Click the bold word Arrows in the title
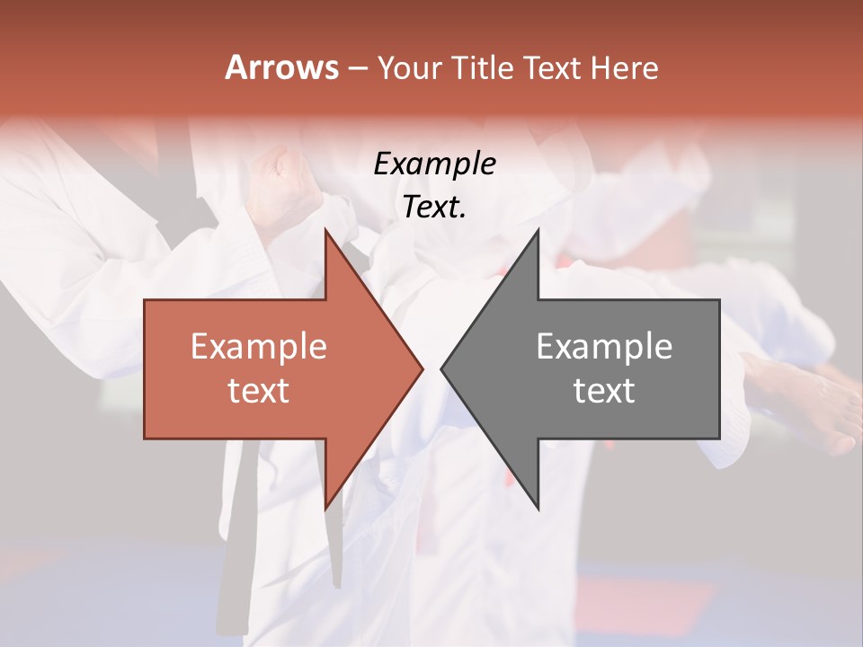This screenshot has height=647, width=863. (281, 67)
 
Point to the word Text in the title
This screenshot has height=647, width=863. (551, 67)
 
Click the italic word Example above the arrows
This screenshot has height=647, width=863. (434, 164)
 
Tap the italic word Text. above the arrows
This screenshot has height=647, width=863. (434, 208)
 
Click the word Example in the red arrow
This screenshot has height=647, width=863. (258, 347)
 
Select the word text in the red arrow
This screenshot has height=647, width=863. (258, 391)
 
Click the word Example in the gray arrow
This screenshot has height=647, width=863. (604, 347)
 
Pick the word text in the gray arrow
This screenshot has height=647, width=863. (604, 391)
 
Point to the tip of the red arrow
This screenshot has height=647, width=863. (423, 368)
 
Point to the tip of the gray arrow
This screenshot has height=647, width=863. (441, 368)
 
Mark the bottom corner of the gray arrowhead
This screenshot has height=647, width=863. (538, 510)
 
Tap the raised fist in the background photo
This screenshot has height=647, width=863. (286, 184)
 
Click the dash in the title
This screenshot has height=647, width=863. (357, 69)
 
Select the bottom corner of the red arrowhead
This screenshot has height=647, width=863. (325, 510)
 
